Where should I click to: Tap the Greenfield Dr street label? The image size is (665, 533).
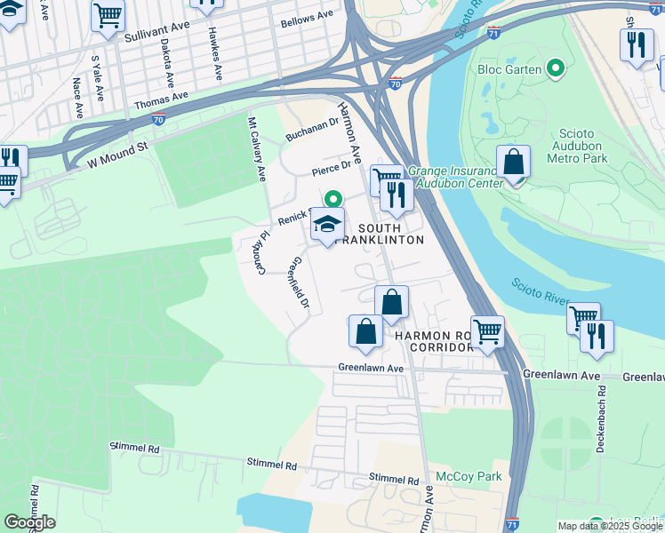pyautogui.click(x=300, y=283)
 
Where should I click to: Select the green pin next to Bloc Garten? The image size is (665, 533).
pyautogui.click(x=557, y=68)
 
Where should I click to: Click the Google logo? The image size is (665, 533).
pyautogui.click(x=29, y=521)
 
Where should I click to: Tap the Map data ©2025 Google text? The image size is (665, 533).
pyautogui.click(x=609, y=526)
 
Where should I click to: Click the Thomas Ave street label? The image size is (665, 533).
pyautogui.click(x=162, y=100)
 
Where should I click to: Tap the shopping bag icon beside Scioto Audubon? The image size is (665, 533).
pyautogui.click(x=513, y=163)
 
